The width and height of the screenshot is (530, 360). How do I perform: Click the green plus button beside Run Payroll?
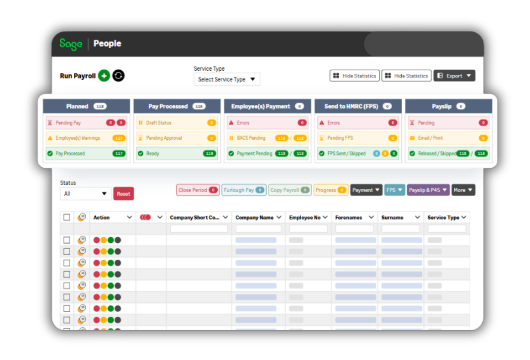point(104,76)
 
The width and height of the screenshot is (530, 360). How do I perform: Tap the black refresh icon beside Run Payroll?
point(118,76)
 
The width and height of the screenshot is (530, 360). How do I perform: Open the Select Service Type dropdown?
point(227,79)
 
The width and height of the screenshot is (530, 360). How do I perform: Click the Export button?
point(454,76)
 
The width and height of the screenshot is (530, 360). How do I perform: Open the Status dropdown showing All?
point(85,194)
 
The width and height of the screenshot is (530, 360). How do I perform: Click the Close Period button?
point(198,190)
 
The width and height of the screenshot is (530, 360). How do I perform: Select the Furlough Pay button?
point(244,190)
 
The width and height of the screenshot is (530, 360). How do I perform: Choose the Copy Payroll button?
point(290,190)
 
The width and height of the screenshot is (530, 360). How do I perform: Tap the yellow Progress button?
point(331,190)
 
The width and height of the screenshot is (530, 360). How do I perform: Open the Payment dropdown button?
point(366,190)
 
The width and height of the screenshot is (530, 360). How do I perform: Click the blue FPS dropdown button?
point(395,190)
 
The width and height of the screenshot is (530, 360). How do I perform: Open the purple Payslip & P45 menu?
point(428,190)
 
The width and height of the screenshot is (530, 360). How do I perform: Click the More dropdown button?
point(463,190)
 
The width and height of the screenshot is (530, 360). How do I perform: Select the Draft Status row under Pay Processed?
point(177,123)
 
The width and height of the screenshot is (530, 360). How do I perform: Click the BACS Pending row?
point(268,138)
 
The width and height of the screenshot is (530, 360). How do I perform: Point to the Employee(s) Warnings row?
point(86,138)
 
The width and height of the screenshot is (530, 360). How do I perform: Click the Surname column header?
point(392,218)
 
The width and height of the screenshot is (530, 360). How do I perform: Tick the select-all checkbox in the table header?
point(67,217)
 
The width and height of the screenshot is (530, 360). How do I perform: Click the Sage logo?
point(71,44)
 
